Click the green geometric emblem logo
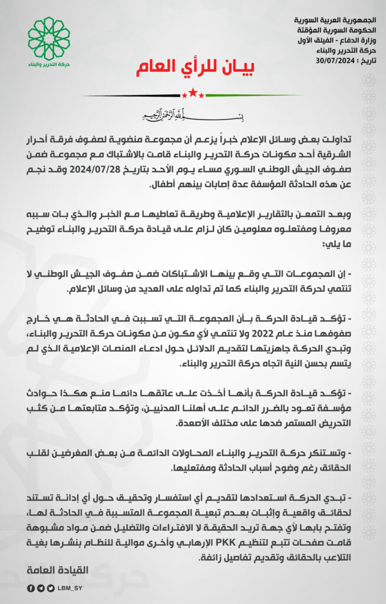click(x=48, y=35)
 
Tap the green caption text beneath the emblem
click(x=48, y=63)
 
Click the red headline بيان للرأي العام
click(x=192, y=68)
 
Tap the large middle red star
click(x=193, y=93)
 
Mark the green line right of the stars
click(x=253, y=95)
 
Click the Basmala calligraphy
click(x=193, y=113)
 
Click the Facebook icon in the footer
click(x=30, y=588)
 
